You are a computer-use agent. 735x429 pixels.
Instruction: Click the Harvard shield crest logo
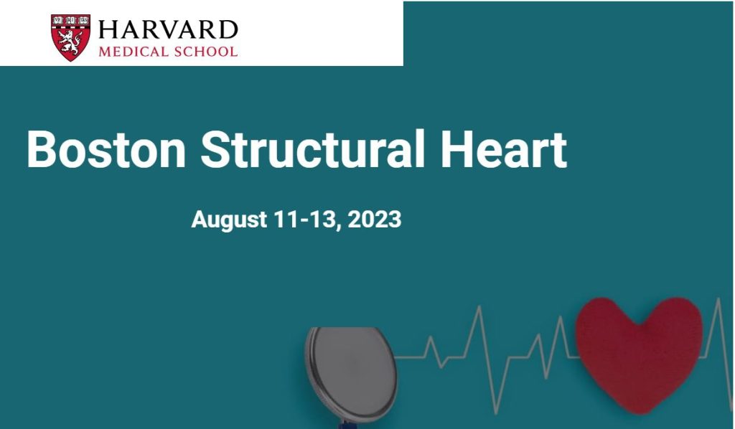pyautogui.click(x=70, y=37)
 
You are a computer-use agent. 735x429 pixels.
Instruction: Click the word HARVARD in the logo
pyautogui.click(x=168, y=29)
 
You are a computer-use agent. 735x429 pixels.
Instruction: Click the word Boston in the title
pyautogui.click(x=106, y=149)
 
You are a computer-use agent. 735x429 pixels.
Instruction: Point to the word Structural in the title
pyautogui.click(x=313, y=148)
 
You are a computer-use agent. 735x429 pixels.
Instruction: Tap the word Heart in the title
pyautogui.click(x=503, y=149)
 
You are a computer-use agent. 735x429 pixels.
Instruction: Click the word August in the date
pyautogui.click(x=229, y=220)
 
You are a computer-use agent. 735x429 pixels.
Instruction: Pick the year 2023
pyautogui.click(x=374, y=219)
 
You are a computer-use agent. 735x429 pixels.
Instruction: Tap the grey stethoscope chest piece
pyautogui.click(x=352, y=373)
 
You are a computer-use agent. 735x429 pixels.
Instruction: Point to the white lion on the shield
pyautogui.click(x=70, y=42)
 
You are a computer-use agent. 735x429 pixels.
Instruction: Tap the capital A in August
pyautogui.click(x=200, y=220)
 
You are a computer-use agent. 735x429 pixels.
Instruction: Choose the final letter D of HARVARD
pyautogui.click(x=228, y=30)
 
